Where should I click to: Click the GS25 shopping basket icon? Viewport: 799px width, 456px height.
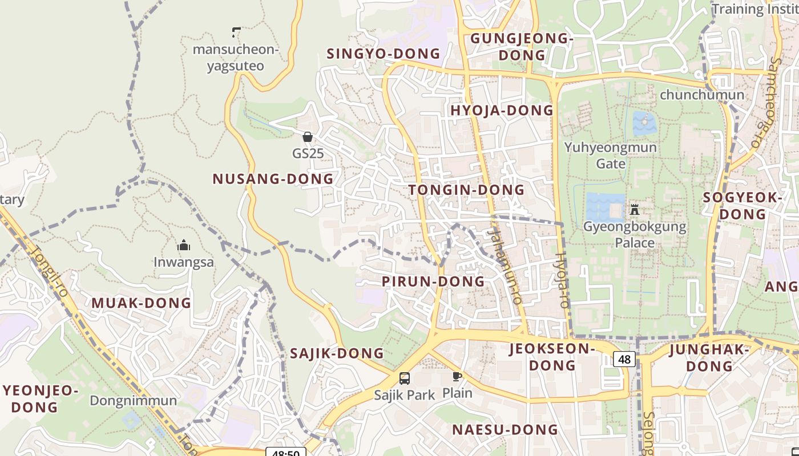(308, 137)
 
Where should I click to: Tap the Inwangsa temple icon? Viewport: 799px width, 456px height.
(184, 246)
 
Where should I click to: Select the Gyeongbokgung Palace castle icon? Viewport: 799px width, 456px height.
(634, 209)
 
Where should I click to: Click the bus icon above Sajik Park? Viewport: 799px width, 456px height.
(404, 378)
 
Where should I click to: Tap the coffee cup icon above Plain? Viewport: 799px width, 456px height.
(457, 376)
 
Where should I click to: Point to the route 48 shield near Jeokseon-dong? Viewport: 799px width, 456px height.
(624, 359)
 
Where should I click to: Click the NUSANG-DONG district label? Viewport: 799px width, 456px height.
(273, 179)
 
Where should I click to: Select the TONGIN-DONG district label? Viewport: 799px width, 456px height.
(466, 190)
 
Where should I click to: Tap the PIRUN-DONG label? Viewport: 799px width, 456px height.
(433, 282)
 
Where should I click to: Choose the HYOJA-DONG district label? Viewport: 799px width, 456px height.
(502, 111)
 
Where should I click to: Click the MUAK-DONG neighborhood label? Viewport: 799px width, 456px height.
(141, 303)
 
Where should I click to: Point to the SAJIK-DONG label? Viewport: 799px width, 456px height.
(337, 353)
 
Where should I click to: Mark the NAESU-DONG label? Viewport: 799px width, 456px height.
(505, 430)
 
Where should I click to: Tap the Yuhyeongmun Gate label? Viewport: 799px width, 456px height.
(610, 156)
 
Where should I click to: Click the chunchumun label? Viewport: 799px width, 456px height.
(702, 95)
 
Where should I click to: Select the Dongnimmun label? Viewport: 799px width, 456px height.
(133, 401)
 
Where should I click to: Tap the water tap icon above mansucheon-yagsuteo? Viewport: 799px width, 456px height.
(236, 32)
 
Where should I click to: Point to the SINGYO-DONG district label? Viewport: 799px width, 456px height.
(383, 54)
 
